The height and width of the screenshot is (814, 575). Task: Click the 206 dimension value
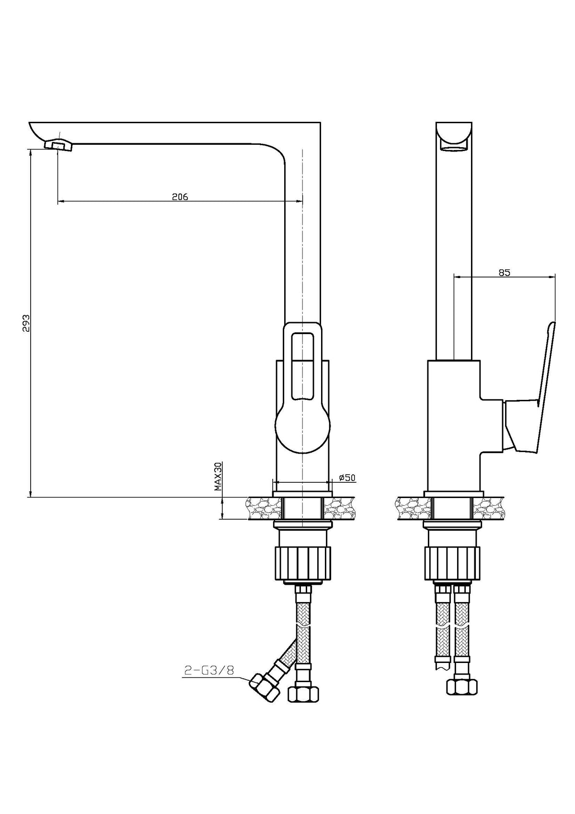(180, 197)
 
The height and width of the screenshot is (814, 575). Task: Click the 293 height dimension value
(26, 323)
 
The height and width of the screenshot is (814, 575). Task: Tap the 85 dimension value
(504, 273)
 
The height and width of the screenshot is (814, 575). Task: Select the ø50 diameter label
(347, 477)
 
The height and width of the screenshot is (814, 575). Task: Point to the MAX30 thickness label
(218, 477)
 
